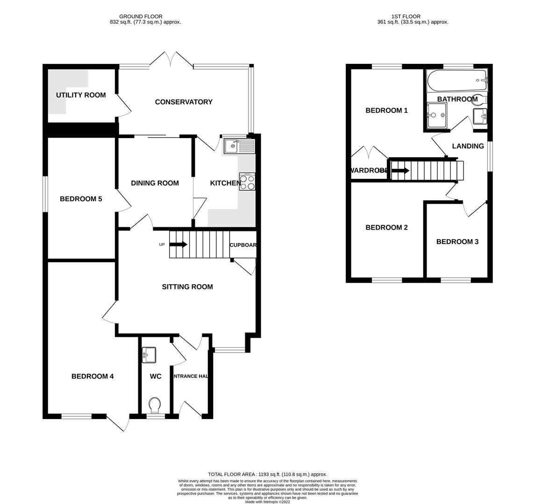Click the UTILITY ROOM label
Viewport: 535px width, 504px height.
[x=81, y=95]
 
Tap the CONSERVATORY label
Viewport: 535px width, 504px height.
[x=184, y=102]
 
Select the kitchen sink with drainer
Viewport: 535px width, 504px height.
[x=239, y=147]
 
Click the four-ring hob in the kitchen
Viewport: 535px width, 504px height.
[x=247, y=182]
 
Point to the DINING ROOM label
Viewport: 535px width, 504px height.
[x=155, y=183]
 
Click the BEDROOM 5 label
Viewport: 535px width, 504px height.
[x=81, y=199]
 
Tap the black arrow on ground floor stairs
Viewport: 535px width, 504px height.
[x=178, y=245]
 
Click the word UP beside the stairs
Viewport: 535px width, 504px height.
[x=162, y=245]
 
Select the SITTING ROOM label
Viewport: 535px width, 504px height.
[x=187, y=287]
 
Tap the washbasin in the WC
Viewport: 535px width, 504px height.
[x=149, y=355]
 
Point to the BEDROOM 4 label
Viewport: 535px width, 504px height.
[x=93, y=377]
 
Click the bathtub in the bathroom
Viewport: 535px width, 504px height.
[x=457, y=81]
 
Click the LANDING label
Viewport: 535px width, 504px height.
[x=468, y=147]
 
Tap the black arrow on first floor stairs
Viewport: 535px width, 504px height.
[x=400, y=171]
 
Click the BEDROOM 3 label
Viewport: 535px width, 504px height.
[x=457, y=242]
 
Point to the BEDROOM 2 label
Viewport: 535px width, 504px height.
[x=386, y=228]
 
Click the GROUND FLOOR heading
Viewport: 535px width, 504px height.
[x=141, y=16]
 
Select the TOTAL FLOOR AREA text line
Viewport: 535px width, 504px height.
[x=267, y=474]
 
